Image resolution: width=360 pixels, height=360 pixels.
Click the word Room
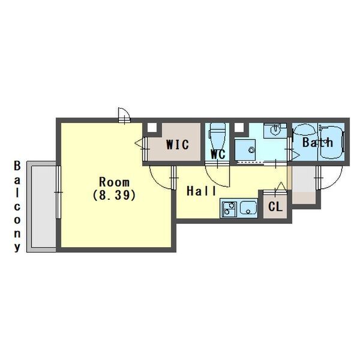[114, 182]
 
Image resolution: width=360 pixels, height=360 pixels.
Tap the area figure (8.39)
[114, 196]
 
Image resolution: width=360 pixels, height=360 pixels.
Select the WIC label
[178, 145]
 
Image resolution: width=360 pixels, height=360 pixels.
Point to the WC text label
[218, 154]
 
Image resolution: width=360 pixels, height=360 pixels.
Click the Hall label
[202, 191]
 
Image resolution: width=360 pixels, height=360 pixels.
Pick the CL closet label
[275, 207]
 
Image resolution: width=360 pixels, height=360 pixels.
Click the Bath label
[317, 142]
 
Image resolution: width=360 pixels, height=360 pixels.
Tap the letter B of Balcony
[17, 166]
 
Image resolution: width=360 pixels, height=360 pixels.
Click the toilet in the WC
[217, 137]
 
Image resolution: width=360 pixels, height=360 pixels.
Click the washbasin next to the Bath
[275, 130]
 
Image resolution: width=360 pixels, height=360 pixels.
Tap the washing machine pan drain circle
[251, 151]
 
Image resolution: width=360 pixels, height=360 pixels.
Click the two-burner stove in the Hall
[229, 209]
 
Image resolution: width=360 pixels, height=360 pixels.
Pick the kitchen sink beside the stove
[248, 208]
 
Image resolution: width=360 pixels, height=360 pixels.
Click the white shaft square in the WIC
[152, 128]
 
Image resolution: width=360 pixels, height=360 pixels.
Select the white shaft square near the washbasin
[239, 128]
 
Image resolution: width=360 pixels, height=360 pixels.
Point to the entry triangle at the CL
[281, 186]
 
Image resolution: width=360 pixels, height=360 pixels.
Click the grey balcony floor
[43, 206]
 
